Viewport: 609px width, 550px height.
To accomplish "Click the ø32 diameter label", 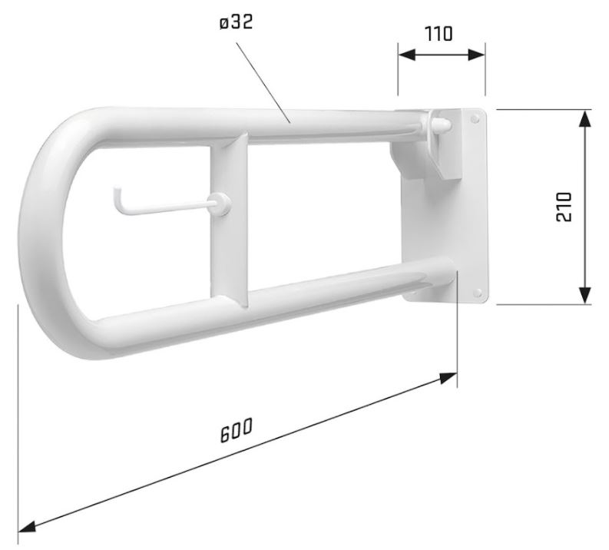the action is tap(236, 22).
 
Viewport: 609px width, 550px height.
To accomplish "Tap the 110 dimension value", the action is tap(439, 34).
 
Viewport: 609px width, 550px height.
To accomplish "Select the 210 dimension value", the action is tap(564, 207).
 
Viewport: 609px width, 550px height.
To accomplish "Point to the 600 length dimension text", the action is tap(236, 430).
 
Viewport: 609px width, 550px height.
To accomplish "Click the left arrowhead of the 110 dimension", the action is tap(407, 55).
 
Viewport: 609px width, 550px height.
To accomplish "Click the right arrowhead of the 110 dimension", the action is tap(477, 55).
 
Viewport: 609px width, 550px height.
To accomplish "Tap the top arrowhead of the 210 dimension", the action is tap(584, 118).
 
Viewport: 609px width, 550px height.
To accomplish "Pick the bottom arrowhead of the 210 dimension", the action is tap(584, 296).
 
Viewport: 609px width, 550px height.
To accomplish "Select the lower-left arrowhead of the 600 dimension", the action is tap(27, 526).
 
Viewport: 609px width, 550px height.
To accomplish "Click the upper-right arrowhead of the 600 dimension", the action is tap(448, 377).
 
